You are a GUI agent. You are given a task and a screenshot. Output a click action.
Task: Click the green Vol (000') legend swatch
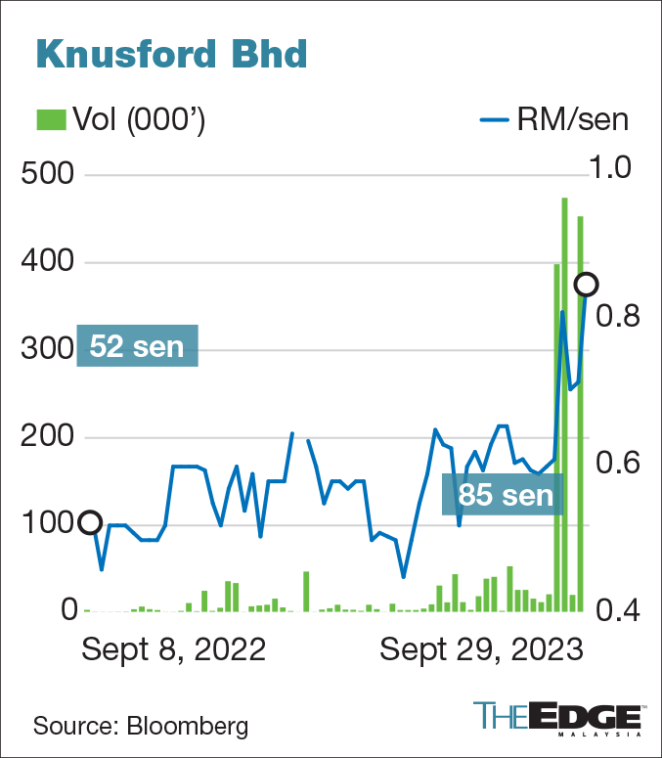tap(49, 119)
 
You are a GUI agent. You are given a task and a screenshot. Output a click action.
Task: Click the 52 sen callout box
tap(138, 346)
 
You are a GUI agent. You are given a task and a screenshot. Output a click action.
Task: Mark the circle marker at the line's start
tap(89, 522)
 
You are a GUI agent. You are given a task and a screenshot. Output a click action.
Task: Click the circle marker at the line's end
tap(586, 285)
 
